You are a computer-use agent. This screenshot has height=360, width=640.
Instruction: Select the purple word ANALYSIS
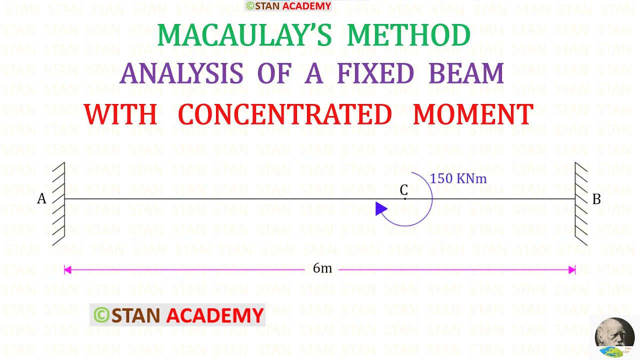(x=181, y=74)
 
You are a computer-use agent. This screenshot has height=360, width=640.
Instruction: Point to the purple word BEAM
(x=466, y=74)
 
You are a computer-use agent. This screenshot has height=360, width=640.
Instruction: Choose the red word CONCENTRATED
(x=285, y=114)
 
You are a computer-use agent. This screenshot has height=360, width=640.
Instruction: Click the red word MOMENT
(x=473, y=114)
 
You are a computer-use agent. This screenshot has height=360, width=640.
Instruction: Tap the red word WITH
(x=120, y=114)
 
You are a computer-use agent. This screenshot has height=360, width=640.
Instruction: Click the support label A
(x=41, y=199)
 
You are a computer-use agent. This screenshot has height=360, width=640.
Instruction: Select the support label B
(x=596, y=199)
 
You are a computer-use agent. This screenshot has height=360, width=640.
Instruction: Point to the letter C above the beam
(x=404, y=190)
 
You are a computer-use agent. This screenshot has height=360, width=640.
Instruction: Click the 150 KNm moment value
(x=458, y=178)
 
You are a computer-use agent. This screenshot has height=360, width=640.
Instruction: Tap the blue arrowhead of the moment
(x=381, y=209)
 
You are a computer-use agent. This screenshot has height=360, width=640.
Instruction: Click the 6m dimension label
(x=322, y=268)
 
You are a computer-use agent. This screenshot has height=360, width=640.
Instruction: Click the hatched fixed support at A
(x=58, y=203)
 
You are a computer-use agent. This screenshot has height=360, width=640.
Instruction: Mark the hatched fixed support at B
(x=581, y=203)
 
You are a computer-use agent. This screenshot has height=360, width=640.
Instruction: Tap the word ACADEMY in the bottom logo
(x=214, y=315)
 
